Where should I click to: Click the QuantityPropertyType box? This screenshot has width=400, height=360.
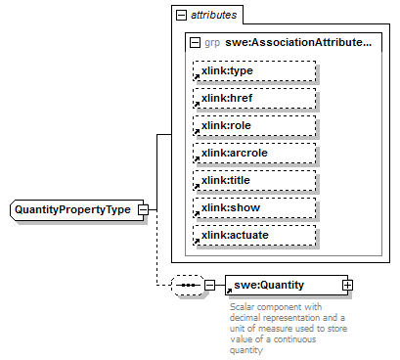click(x=74, y=210)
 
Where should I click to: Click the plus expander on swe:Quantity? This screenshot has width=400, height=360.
click(x=346, y=285)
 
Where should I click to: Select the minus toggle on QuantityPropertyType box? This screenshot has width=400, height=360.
click(x=144, y=210)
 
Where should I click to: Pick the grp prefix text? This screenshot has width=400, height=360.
click(x=211, y=43)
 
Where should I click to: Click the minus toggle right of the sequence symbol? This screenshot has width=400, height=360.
click(x=208, y=285)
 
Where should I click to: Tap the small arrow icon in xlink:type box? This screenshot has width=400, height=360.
click(x=194, y=78)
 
